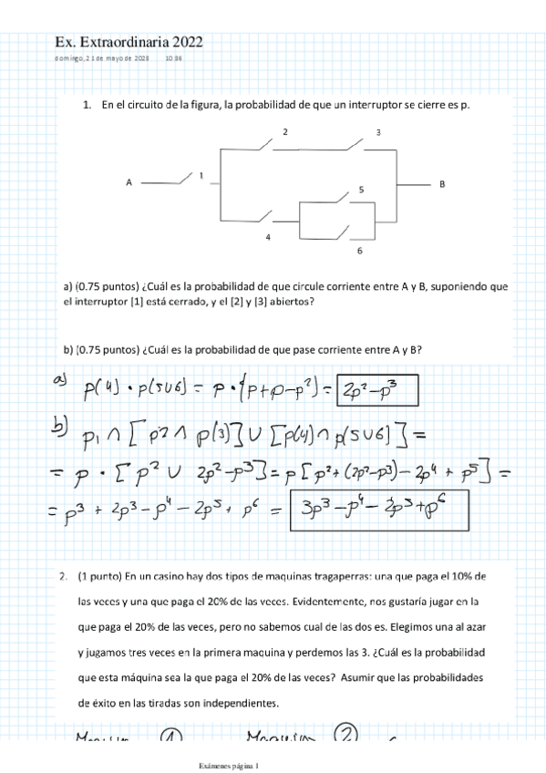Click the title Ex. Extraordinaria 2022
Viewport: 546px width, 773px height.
point(129,42)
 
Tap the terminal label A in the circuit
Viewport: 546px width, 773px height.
point(129,183)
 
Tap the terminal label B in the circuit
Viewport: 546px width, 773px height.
point(442,183)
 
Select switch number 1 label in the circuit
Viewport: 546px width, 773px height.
point(201,174)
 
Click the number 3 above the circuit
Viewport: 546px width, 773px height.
point(378,133)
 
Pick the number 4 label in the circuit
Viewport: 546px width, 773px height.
point(268,237)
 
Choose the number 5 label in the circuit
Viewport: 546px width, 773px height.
point(361,190)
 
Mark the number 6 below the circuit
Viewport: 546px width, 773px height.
point(359,251)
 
